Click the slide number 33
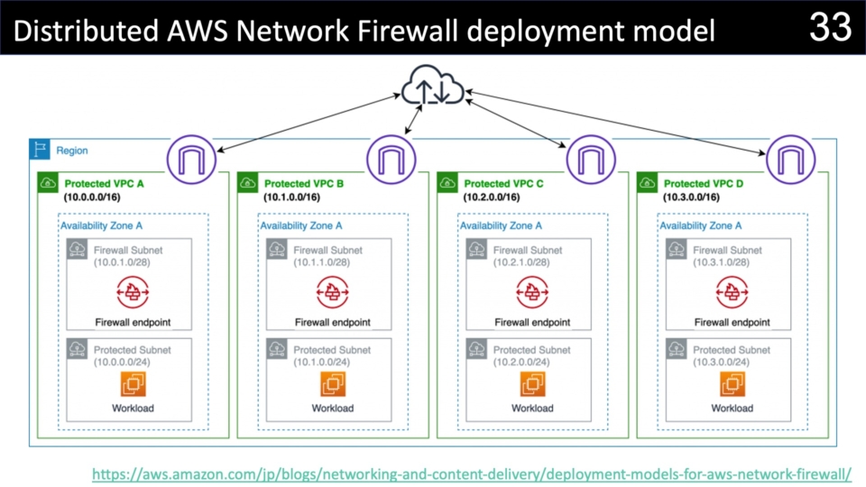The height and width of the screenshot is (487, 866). [x=830, y=27]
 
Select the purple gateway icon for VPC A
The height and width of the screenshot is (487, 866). [x=191, y=159]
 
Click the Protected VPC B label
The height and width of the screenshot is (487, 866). [x=304, y=184]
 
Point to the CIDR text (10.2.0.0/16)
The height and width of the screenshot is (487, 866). [x=492, y=197]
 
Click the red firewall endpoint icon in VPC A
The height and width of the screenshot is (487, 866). [x=133, y=291]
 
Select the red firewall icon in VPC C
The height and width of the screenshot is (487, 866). [x=532, y=291]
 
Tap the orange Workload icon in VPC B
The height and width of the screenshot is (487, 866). [x=333, y=384]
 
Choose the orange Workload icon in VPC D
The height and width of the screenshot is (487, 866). [x=732, y=384]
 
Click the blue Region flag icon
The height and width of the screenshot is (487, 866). [x=40, y=150]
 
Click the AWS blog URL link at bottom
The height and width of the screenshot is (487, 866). [x=472, y=472]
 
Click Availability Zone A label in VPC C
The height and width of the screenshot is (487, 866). [x=501, y=226]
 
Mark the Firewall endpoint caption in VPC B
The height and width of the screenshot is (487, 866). [x=333, y=322]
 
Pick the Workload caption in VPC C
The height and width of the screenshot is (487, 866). [x=532, y=409]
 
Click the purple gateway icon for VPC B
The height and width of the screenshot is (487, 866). [x=392, y=159]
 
